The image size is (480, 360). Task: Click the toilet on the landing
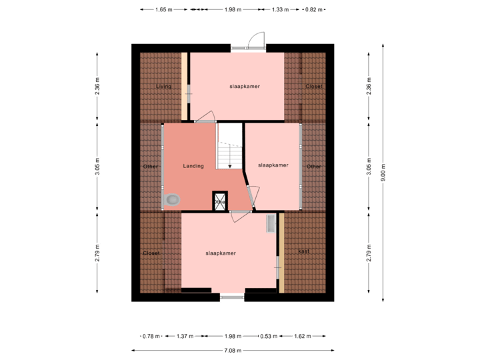[x=173, y=199]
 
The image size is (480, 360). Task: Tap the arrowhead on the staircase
[x=230, y=166]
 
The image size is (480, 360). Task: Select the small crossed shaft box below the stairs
[x=219, y=201]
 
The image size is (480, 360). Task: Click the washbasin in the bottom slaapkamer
[x=271, y=223]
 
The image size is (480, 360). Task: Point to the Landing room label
[x=193, y=166]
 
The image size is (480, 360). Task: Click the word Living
[x=163, y=87]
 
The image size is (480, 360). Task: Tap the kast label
[x=303, y=251]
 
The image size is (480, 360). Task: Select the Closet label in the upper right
[x=313, y=87]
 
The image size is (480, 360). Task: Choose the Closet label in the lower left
[x=151, y=253]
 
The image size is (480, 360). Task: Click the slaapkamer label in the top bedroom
[x=245, y=87]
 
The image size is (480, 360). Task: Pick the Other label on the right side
[x=313, y=167]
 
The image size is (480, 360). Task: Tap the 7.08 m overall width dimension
[x=232, y=350]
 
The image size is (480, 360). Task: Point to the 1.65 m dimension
[x=163, y=10]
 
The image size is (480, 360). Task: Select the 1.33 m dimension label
[x=281, y=10]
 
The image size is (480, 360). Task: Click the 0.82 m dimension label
[x=313, y=10]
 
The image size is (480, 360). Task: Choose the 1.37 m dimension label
[x=184, y=336]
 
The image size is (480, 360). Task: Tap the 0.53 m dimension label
[x=270, y=336]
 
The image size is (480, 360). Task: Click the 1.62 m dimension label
[x=303, y=336]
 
